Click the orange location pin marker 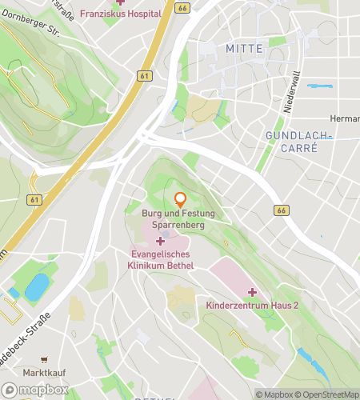180,198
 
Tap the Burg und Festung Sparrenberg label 180,220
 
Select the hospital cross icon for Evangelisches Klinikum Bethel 160,241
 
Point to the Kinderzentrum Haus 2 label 252,306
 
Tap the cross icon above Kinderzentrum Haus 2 252,292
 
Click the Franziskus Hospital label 120,14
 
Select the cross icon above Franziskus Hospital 120,2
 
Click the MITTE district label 244,49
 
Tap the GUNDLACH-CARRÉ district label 298,142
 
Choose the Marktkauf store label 44,373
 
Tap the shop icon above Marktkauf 44,360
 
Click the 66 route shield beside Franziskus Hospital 182,8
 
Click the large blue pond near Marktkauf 37,286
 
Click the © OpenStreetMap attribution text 326,394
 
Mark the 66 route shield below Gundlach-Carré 280,210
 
